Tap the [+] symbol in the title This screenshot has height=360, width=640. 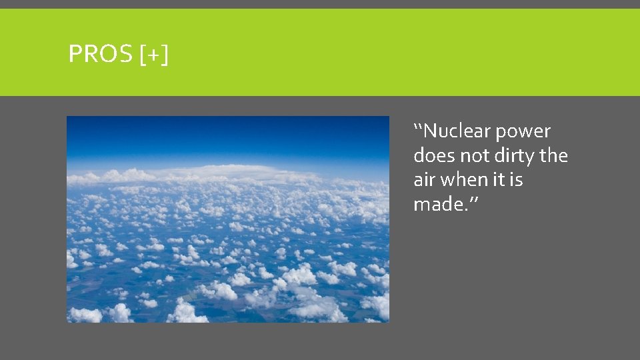tap(155, 55)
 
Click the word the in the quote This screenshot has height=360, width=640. tap(555, 156)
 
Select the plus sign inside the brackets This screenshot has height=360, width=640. tap(155, 55)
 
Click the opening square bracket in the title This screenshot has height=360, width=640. tap(144, 55)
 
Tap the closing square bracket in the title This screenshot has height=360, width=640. tap(165, 55)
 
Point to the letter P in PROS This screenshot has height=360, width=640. tap(75, 54)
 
